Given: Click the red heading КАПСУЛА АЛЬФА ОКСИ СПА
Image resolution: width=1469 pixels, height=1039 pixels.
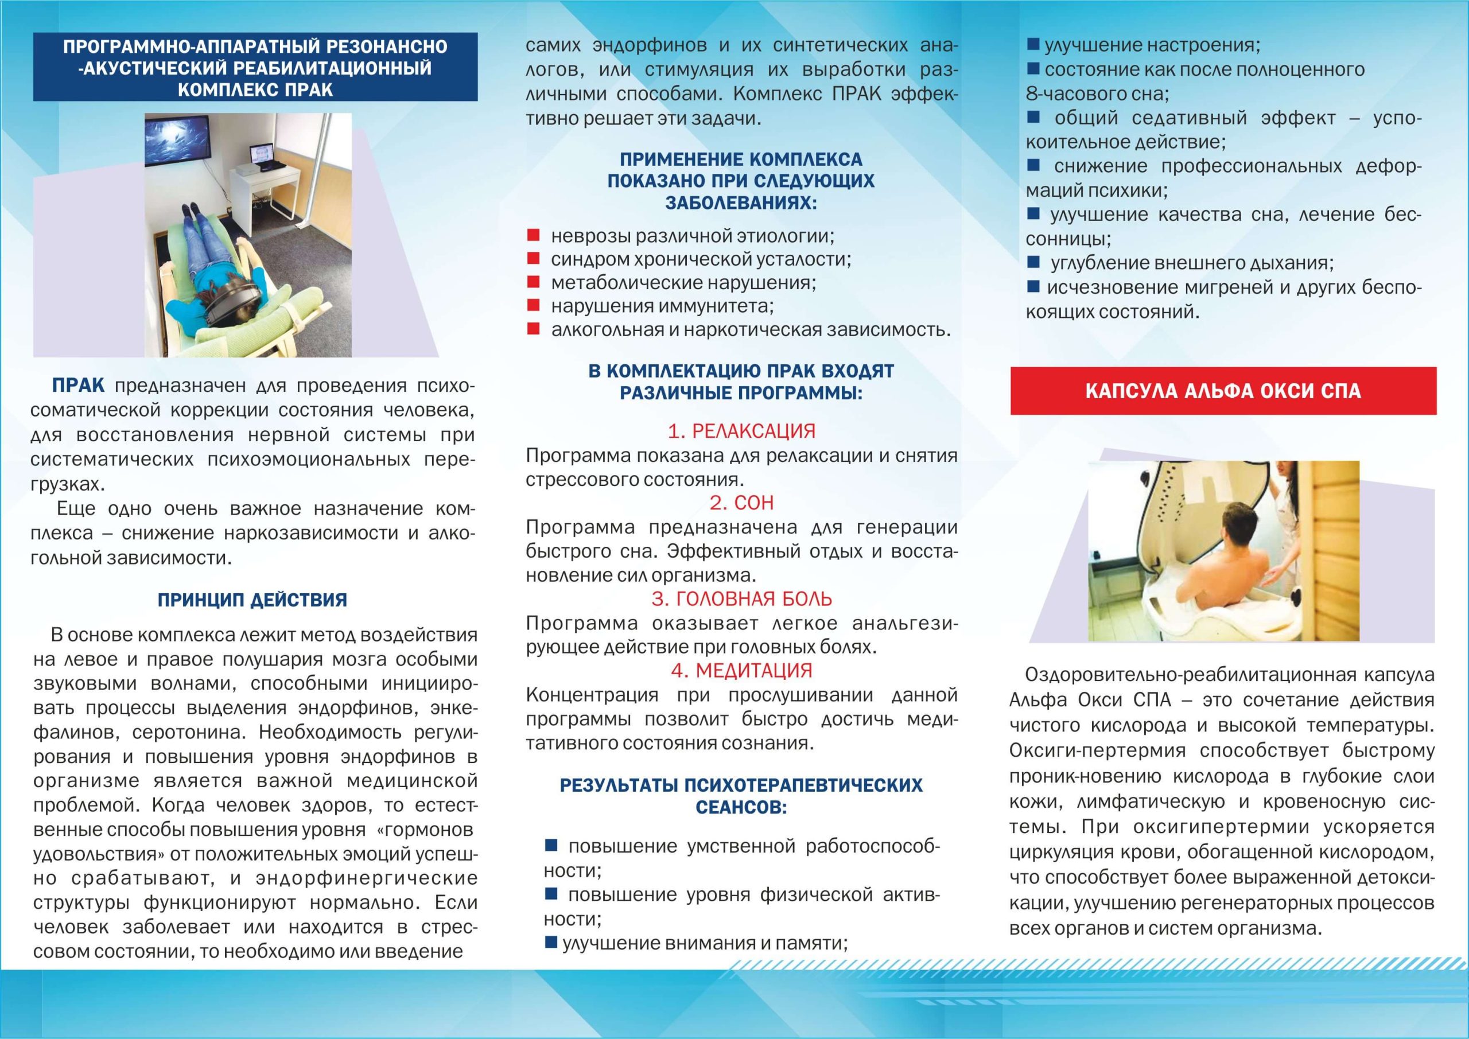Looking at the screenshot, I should [1223, 391].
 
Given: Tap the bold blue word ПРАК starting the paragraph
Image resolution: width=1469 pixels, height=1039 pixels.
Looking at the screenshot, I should [78, 386].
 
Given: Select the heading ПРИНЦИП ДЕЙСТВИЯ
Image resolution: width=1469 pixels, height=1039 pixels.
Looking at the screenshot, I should [252, 600].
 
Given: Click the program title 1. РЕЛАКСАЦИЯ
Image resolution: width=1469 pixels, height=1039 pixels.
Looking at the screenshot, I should [741, 431].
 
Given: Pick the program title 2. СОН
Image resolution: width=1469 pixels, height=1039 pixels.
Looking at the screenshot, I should [741, 503].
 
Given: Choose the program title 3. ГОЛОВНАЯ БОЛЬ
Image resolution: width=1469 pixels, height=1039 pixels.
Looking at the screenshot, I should [741, 599].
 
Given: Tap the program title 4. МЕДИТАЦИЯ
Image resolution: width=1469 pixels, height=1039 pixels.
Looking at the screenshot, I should [741, 671].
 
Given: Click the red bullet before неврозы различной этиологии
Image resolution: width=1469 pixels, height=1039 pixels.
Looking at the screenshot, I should [533, 235].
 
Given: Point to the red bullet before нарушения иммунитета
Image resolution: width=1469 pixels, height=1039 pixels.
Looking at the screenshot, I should [533, 305].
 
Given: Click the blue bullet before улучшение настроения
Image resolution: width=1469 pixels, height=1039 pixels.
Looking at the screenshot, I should [1033, 45].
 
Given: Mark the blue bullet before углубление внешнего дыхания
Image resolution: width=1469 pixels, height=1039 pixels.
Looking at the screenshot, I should [1033, 262].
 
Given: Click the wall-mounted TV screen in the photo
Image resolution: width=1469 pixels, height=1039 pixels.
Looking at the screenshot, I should [178, 142].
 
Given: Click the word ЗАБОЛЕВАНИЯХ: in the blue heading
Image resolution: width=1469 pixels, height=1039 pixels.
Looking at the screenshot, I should [741, 203].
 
